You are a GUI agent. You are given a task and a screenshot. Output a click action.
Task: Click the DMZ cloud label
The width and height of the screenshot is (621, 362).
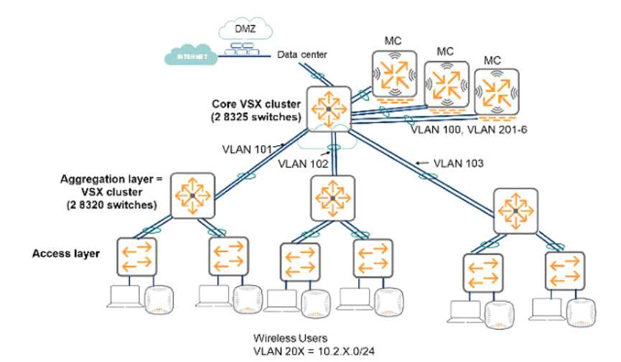(x=245, y=29)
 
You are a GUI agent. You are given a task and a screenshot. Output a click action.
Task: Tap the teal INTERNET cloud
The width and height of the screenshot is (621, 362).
(x=191, y=55)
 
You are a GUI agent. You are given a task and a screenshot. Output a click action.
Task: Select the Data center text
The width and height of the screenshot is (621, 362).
(x=302, y=55)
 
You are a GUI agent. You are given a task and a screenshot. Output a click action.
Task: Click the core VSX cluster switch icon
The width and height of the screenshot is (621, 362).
(x=329, y=108)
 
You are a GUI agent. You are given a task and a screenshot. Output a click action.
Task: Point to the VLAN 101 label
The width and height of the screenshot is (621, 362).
(x=247, y=149)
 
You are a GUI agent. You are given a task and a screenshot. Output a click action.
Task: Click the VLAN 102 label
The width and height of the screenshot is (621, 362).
(x=303, y=164)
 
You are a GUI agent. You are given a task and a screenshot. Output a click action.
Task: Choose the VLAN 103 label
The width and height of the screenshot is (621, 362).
(x=458, y=163)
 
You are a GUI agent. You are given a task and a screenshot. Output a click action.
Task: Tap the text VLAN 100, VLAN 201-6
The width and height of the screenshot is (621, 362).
(x=469, y=129)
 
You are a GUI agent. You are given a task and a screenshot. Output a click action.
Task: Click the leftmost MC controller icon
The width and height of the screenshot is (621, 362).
(x=394, y=75)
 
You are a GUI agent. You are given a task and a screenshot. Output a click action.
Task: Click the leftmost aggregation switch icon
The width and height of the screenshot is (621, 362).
(x=192, y=195)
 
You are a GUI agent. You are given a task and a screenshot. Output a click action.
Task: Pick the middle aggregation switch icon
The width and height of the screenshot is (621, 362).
(x=332, y=198)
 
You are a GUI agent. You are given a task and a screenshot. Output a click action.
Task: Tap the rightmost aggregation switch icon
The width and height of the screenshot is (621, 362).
(x=515, y=210)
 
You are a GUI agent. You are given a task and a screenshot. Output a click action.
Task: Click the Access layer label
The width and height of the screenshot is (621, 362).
(x=66, y=254)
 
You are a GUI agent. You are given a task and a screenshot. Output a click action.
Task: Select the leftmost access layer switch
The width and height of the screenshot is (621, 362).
(x=136, y=256)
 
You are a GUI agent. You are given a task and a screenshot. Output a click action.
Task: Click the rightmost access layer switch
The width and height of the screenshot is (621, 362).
(x=565, y=270)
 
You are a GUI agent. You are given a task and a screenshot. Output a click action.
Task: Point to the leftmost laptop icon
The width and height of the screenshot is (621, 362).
(x=124, y=296)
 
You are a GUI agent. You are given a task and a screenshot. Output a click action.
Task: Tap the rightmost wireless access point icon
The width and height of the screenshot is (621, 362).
(x=581, y=313)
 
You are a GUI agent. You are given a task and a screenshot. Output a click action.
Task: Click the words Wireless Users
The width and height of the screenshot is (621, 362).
(x=290, y=338)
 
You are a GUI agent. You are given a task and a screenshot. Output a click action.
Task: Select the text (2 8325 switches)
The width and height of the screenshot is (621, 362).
(x=256, y=117)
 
